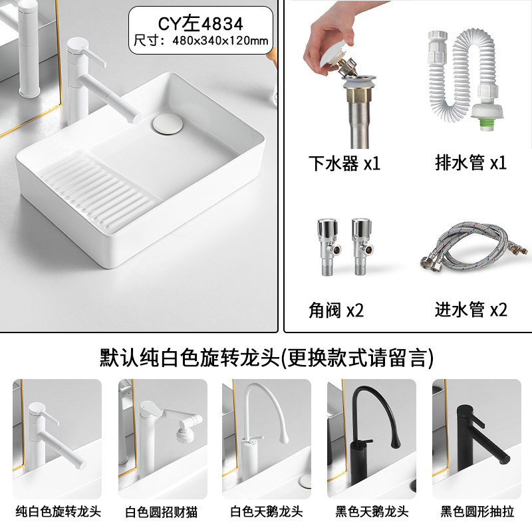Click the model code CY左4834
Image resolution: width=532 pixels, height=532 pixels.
coord(201,24)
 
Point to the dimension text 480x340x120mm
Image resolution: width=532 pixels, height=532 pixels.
coord(220,41)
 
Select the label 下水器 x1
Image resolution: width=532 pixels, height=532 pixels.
coord(344,163)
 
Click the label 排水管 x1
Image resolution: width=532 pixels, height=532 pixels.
coord(471,162)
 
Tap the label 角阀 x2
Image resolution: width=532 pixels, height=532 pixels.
coord(336,310)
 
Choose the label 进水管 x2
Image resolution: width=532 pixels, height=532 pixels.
coord(471,309)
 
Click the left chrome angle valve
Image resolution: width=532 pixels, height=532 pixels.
coord(328,247)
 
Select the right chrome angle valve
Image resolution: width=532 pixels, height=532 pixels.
coord(362,247)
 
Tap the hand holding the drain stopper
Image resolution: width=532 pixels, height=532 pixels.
coord(334,37)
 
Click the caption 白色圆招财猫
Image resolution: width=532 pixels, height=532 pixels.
coord(162,512)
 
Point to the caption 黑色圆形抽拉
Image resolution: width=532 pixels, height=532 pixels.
coord(477,511)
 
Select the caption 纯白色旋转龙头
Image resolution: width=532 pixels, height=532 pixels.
coord(58,511)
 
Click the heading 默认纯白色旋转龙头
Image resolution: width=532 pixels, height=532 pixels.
coord(190,357)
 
